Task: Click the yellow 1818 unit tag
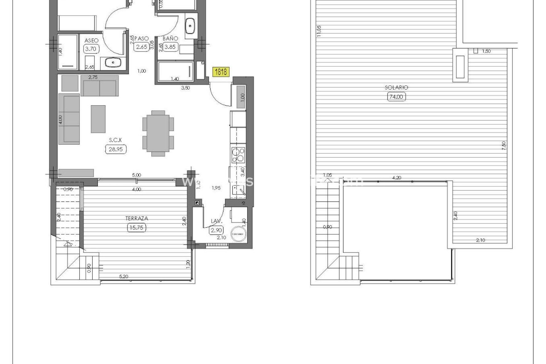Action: tap(221, 72)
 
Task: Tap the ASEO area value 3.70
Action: tap(91, 49)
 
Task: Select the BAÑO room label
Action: tap(170, 38)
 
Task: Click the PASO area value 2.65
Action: tap(141, 47)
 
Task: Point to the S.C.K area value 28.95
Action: tap(116, 149)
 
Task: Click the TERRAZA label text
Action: tap(137, 218)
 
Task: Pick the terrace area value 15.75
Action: tap(137, 227)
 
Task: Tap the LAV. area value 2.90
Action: tap(216, 230)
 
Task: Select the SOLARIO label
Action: tap(396, 88)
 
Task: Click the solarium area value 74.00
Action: tap(396, 97)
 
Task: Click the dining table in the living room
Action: tap(158, 133)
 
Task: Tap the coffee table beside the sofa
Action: tap(98, 119)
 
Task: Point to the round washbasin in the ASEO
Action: tap(113, 62)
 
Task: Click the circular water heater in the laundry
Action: tap(239, 234)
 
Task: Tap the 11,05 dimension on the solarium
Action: tap(319, 31)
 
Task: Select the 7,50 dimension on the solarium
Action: tap(504, 146)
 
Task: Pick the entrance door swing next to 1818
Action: tap(219, 95)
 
